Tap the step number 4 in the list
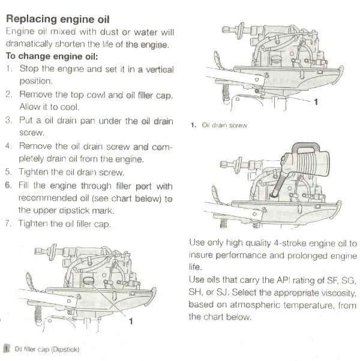tap(9, 146)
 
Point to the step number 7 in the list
tap(9, 223)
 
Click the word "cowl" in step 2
tap(102, 94)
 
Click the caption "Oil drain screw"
tap(221, 126)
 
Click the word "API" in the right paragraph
tap(273, 280)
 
